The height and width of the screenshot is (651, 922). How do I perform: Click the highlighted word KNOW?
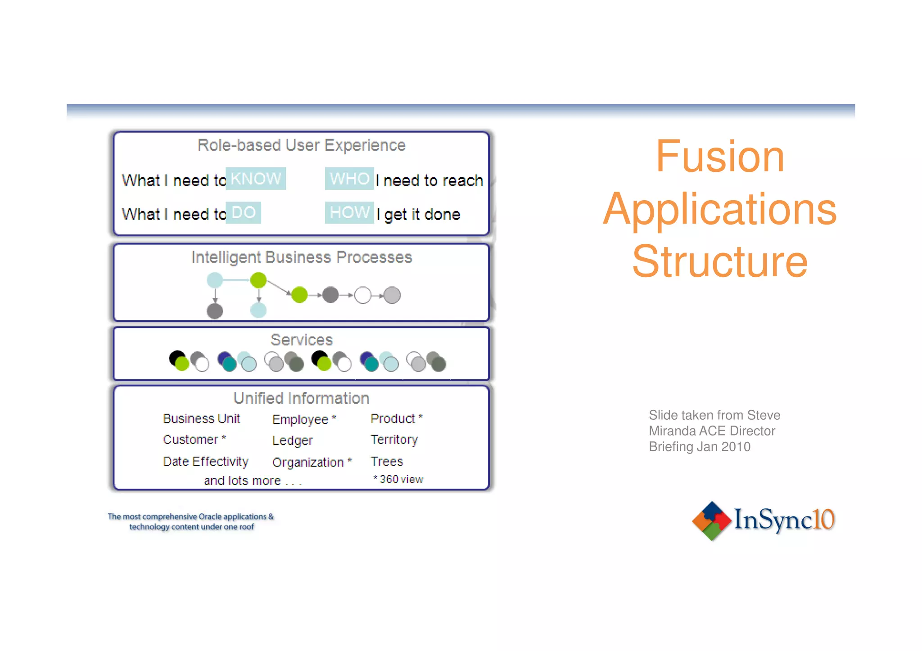255,179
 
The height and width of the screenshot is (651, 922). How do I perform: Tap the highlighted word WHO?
349,179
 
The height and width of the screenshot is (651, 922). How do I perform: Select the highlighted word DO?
243,212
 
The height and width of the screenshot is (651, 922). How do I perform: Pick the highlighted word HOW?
349,212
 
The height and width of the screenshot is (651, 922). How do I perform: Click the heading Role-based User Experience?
301,145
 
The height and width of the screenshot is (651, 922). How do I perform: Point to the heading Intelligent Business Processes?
301,257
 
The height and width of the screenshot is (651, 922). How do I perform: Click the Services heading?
301,340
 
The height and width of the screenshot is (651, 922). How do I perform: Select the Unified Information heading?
301,398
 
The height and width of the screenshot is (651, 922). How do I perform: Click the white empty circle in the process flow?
363,295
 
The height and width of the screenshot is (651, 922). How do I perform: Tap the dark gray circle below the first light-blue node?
215,311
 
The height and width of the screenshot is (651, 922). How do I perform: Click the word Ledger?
292,440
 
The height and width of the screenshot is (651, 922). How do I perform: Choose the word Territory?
394,440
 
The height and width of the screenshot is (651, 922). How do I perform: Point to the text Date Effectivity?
205,462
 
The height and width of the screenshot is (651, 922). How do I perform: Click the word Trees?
386,462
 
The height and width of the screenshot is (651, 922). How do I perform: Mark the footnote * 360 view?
398,480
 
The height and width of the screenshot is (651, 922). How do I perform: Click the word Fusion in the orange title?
719,156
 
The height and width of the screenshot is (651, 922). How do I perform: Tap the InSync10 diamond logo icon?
711,521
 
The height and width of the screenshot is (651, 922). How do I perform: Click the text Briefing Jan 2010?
699,447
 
